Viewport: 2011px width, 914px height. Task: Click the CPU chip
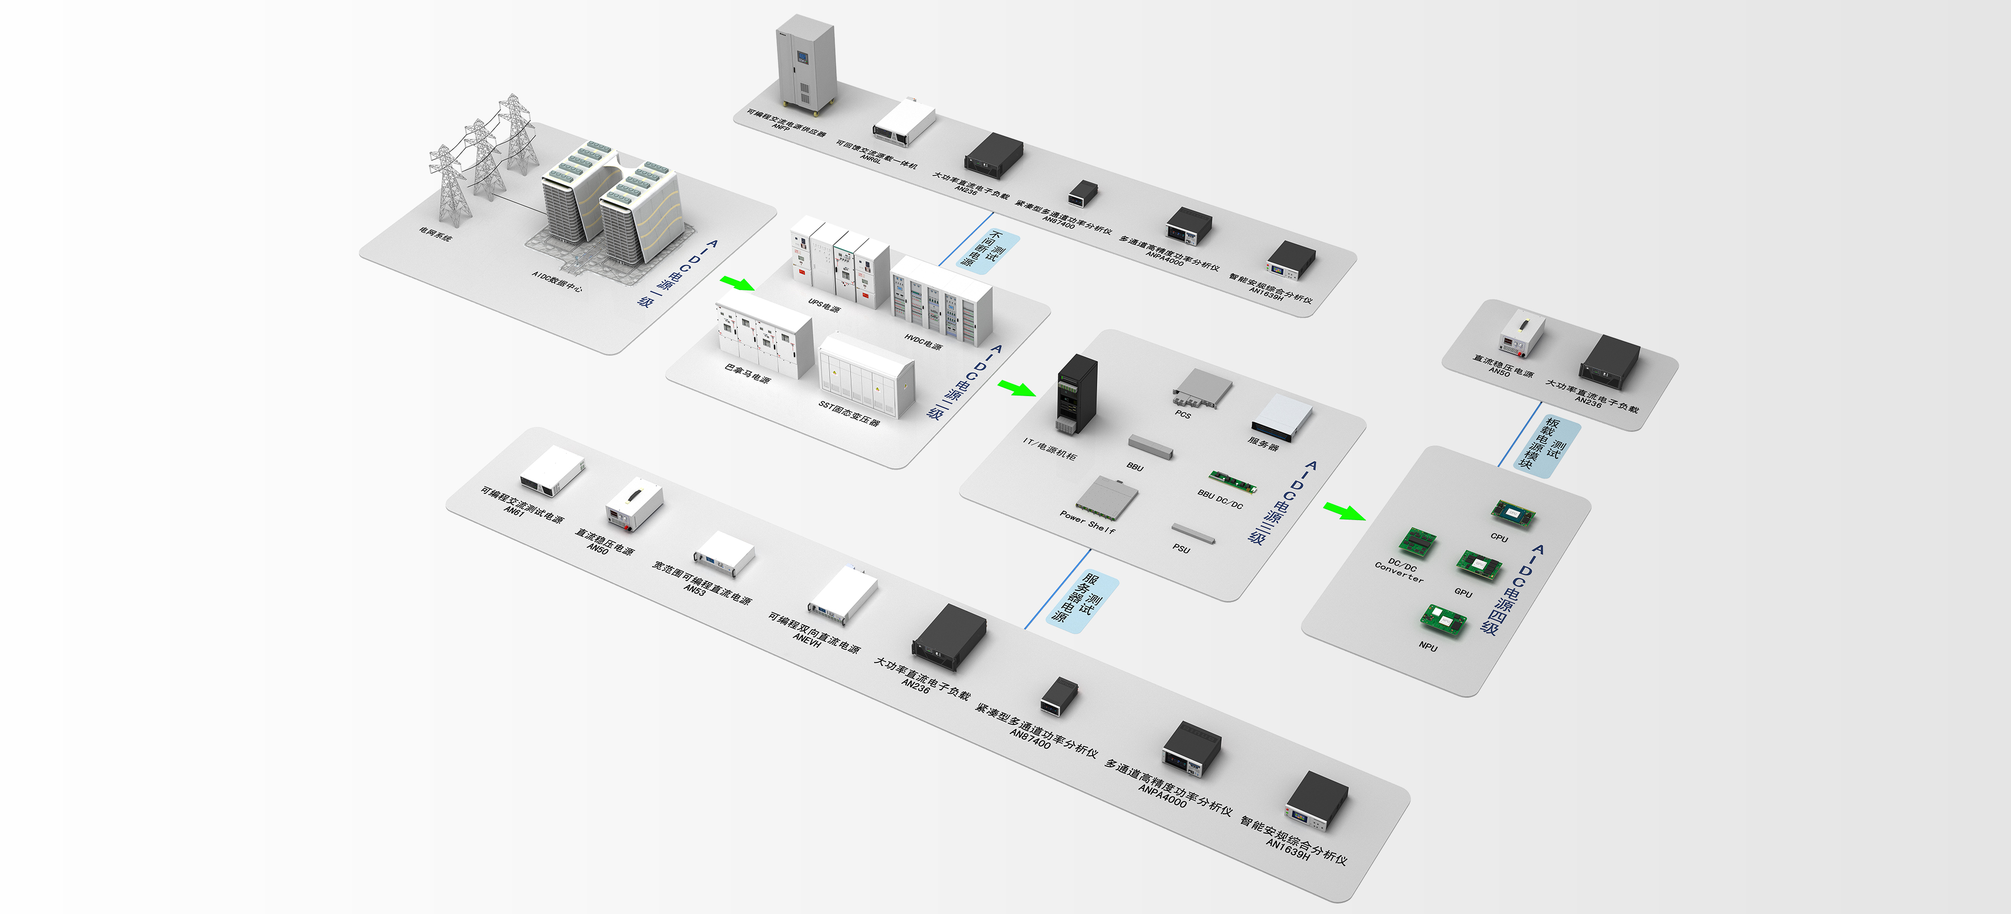click(1513, 513)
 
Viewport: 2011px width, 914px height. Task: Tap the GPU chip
click(1479, 564)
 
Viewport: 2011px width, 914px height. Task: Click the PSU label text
click(1181, 548)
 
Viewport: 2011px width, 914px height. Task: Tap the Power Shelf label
click(1087, 522)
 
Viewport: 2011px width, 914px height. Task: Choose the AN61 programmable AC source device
click(552, 470)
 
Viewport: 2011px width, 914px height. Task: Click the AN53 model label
click(694, 590)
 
